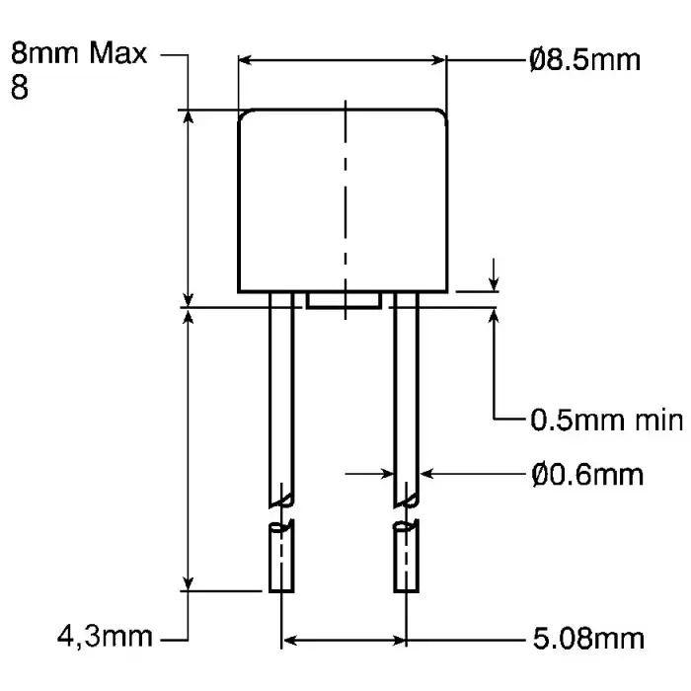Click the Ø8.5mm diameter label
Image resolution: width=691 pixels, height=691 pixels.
click(583, 61)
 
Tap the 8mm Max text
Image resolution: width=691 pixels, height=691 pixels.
click(78, 53)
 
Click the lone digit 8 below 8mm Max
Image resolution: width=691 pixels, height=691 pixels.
click(19, 89)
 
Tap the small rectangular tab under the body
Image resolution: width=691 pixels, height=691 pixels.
click(344, 300)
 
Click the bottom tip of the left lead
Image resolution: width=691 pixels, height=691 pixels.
click(280, 589)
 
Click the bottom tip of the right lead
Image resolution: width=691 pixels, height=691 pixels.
click(406, 589)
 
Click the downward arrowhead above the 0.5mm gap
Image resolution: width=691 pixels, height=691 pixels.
click(494, 284)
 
